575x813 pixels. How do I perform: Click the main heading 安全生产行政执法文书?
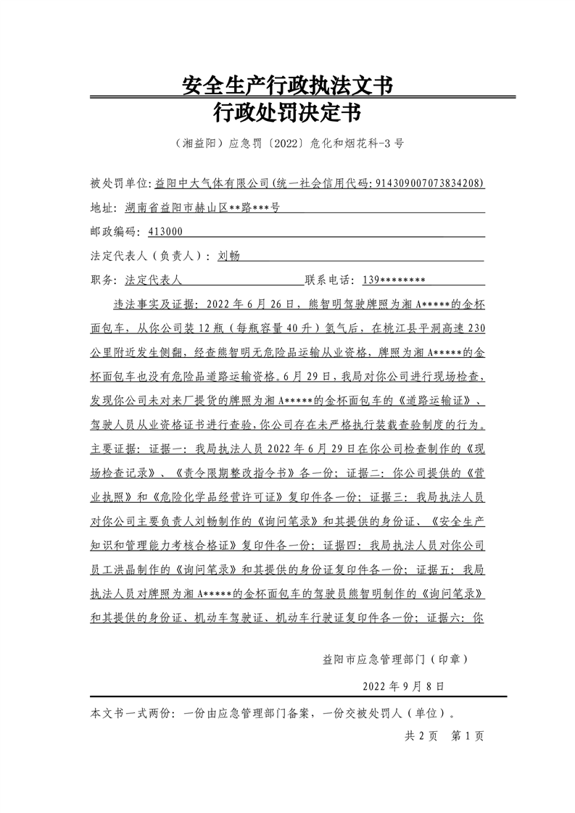pyautogui.click(x=287, y=86)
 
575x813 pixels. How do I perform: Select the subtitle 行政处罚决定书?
pyautogui.click(x=287, y=114)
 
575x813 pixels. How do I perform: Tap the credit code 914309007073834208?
pyautogui.click(x=429, y=183)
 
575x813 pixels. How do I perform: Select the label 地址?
pyautogui.click(x=102, y=208)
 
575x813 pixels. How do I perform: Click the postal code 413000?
pyautogui.click(x=165, y=232)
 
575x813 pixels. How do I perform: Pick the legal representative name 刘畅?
pyautogui.click(x=228, y=256)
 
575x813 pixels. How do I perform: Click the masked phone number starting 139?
pyautogui.click(x=392, y=280)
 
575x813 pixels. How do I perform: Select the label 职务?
pyautogui.click(x=102, y=280)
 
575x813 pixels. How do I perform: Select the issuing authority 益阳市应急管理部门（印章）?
pyautogui.click(x=394, y=659)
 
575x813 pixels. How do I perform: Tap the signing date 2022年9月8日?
pyautogui.click(x=402, y=685)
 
